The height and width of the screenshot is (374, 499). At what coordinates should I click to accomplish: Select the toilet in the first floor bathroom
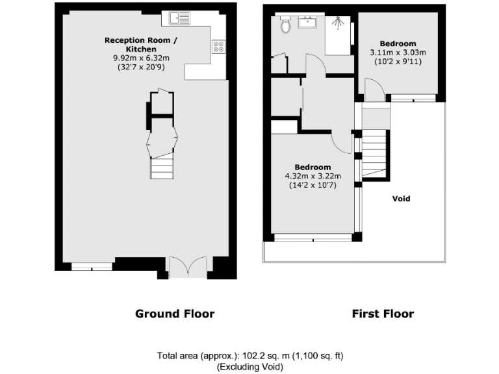click(x=285, y=25)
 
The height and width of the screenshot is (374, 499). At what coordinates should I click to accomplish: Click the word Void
click(x=402, y=199)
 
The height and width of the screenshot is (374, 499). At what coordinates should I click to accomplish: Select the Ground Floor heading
click(x=174, y=314)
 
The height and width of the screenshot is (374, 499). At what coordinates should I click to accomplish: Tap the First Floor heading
click(x=383, y=314)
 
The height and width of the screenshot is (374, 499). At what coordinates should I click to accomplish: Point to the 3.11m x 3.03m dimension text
click(x=398, y=53)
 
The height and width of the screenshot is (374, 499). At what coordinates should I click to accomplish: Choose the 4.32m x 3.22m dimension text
click(x=312, y=175)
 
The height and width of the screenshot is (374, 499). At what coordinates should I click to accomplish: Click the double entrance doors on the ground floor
click(x=187, y=266)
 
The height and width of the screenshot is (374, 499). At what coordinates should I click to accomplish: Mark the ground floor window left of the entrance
click(x=92, y=265)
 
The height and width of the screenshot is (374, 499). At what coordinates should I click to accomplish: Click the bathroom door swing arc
click(x=314, y=66)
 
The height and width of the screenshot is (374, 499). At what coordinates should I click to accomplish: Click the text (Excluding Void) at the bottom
click(x=249, y=367)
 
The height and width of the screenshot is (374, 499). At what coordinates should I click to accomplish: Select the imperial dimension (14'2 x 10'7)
click(x=312, y=184)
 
